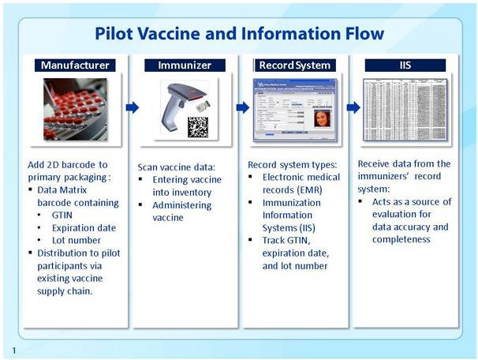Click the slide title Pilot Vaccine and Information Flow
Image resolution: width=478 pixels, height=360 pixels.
[239, 33]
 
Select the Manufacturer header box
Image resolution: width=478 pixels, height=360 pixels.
[75, 66]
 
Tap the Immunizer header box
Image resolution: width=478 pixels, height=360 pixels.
[184, 66]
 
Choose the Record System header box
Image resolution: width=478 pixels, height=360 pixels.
[294, 66]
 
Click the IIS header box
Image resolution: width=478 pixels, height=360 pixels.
[405, 66]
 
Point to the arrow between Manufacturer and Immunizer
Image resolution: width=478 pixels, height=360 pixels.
[133, 107]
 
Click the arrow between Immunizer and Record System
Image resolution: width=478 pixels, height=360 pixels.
[242, 107]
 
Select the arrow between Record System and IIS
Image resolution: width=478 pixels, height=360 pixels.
[353, 107]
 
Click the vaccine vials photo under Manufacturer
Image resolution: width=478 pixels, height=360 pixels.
[76, 109]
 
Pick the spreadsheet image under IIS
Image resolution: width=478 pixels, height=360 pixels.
[405, 109]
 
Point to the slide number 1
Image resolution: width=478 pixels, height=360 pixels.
[13, 349]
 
